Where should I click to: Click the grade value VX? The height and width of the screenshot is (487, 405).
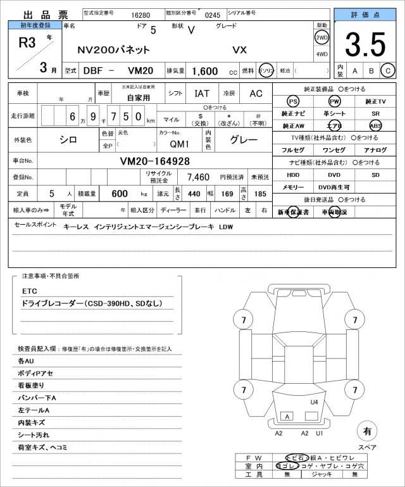tap(240, 49)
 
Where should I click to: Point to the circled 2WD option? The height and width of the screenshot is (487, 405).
tap(321, 36)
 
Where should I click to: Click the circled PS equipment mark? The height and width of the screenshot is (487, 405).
tap(293, 101)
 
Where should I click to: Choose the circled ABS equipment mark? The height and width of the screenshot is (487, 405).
tap(376, 125)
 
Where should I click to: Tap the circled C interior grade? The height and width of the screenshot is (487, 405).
tap(387, 72)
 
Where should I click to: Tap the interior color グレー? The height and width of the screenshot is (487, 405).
tap(243, 139)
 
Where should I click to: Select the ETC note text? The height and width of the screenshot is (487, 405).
tap(30, 291)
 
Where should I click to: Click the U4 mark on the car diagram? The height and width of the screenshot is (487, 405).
tap(314, 402)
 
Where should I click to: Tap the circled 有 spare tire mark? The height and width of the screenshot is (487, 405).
tap(366, 431)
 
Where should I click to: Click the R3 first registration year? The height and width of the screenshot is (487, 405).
tap(27, 43)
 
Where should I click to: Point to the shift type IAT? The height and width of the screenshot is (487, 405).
tap(202, 93)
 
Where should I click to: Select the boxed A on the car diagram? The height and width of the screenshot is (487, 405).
tap(287, 417)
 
